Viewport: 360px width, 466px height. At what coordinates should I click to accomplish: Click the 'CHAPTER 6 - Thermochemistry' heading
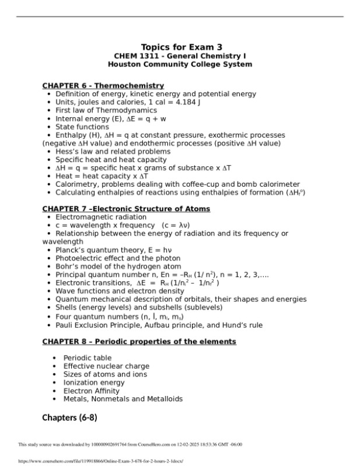[103, 86]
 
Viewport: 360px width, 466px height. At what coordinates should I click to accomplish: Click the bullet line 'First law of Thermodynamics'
[106, 110]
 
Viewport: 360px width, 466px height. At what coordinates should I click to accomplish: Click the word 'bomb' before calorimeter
[248, 184]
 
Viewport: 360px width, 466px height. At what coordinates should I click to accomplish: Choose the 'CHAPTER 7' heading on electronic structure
[126, 209]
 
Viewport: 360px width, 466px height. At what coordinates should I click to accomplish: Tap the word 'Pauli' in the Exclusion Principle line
[65, 325]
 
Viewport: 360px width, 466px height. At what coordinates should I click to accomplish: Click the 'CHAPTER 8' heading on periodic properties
[139, 341]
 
